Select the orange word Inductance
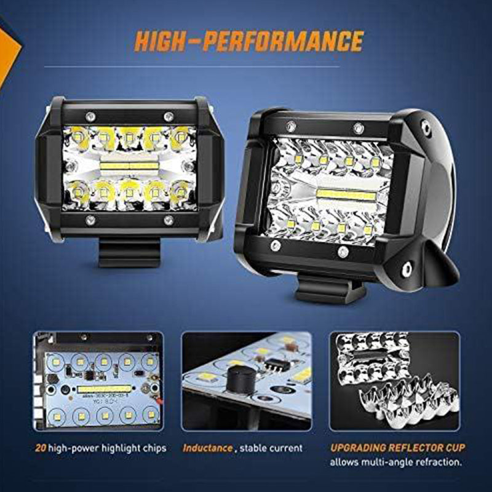[x=207, y=448]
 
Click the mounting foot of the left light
[x=129, y=252]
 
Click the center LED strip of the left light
[x=129, y=166]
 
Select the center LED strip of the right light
[x=346, y=196]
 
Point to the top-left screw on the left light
[x=90, y=116]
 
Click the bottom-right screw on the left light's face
[x=168, y=220]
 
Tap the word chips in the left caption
[x=154, y=448]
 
